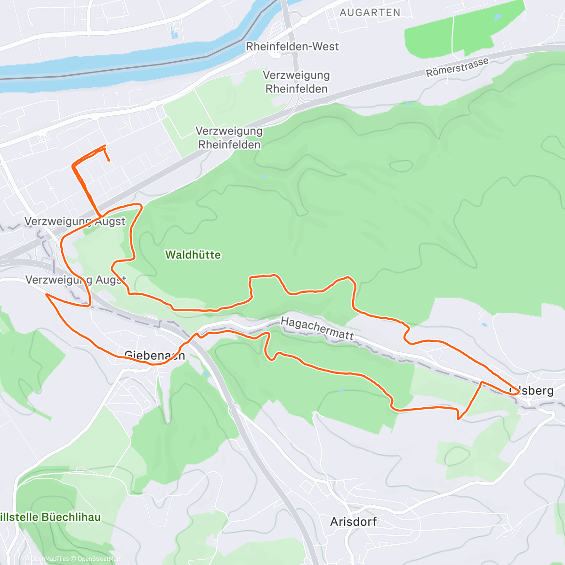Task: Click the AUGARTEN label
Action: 370,13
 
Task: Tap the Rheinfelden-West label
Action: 292,47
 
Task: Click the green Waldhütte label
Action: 193,255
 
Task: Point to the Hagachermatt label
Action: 317,328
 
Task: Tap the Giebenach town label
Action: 154,355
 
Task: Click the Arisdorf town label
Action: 353,522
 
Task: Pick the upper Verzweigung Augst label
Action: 75,221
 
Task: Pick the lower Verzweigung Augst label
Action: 75,280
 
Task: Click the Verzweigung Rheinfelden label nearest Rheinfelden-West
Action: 296,82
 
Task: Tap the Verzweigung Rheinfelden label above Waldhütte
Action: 229,137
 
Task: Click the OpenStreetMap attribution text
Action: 98,559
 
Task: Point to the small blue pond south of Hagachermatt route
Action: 341,390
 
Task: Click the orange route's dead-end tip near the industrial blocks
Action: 109,161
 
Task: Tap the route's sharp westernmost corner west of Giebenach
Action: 46,294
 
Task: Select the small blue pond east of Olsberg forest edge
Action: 484,324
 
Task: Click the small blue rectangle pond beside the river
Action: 175,34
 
